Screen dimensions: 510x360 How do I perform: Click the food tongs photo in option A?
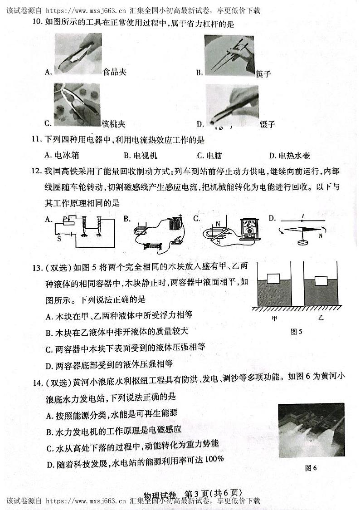point(77,54)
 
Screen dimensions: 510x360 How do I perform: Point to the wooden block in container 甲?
point(274,278)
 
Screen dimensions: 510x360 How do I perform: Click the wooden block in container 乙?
point(321,280)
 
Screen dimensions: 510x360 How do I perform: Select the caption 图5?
point(296,332)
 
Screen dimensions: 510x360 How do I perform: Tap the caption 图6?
point(311,468)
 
